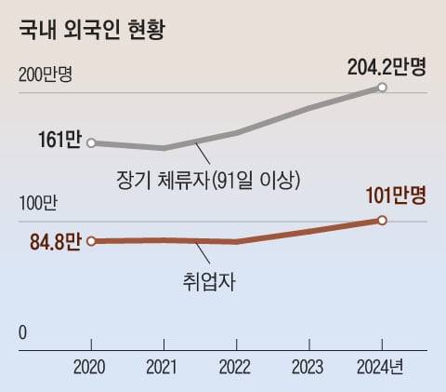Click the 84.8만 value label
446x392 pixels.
click(x=55, y=243)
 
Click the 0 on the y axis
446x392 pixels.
click(x=23, y=332)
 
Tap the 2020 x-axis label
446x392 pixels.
click(x=90, y=367)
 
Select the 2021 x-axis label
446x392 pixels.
click(x=164, y=367)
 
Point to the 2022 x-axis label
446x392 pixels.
click(x=237, y=367)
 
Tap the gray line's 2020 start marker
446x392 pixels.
click(x=91, y=142)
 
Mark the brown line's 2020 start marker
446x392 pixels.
click(x=91, y=242)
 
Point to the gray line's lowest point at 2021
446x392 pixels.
click(x=164, y=148)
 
